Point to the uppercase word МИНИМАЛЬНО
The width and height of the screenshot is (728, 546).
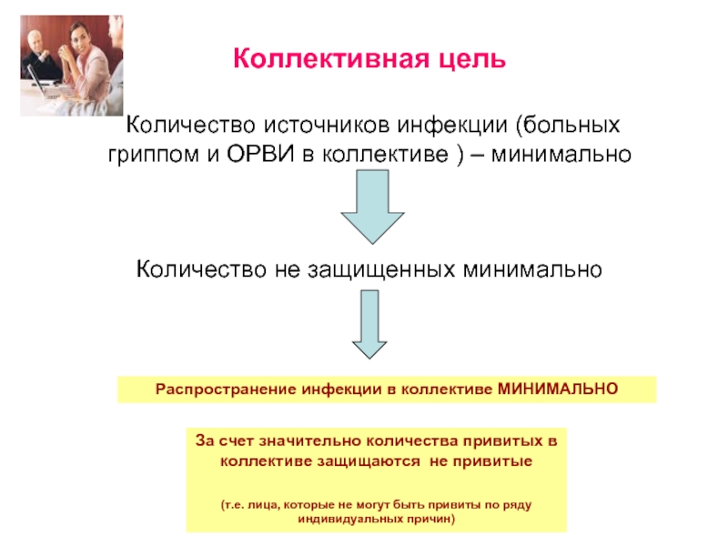(558, 389)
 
